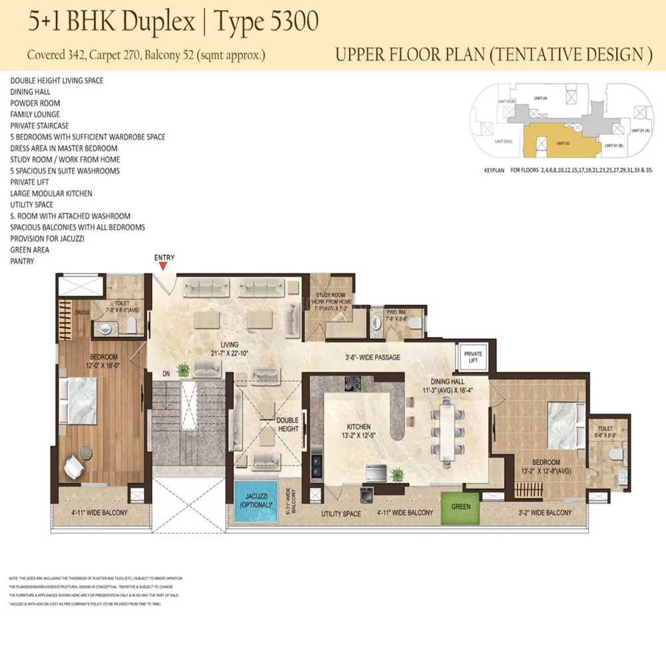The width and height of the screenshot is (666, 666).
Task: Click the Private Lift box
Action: tap(473, 358)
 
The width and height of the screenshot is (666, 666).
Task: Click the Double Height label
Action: tap(288, 424)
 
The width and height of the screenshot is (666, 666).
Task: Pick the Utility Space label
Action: tap(340, 514)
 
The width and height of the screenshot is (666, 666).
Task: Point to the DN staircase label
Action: tap(157, 374)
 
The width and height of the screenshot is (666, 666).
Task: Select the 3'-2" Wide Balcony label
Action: tap(544, 513)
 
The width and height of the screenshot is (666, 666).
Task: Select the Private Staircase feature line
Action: tap(39, 125)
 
